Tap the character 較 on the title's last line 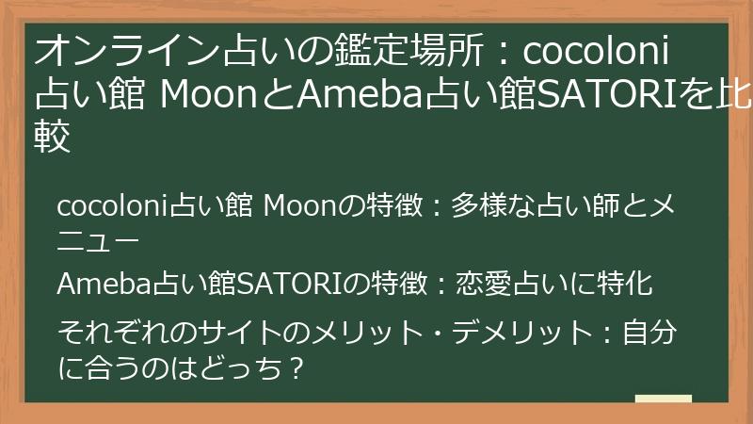[x=54, y=139]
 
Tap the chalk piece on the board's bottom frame [x=664, y=400]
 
